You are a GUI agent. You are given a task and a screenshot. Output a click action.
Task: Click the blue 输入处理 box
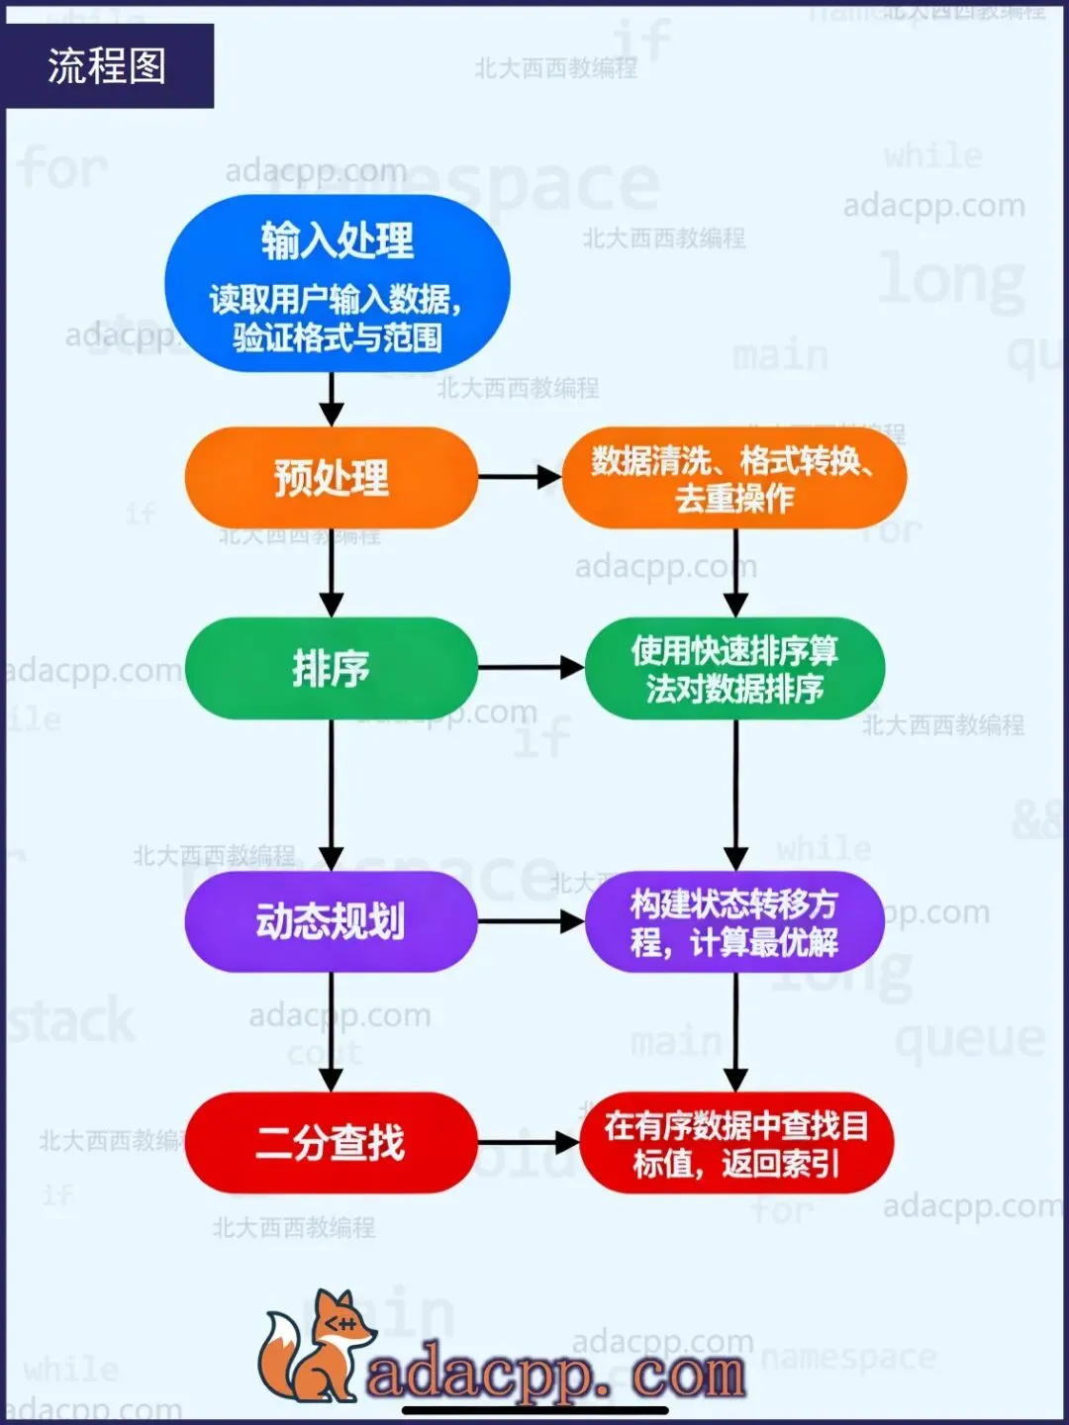(x=337, y=283)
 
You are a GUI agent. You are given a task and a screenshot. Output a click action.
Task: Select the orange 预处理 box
(x=331, y=478)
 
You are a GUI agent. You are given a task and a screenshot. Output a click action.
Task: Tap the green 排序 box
(x=331, y=668)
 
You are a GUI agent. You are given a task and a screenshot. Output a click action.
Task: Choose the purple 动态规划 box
(x=331, y=921)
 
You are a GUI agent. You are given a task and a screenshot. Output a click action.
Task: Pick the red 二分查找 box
(x=331, y=1142)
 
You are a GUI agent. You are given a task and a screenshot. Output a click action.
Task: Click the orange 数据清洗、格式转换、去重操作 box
(x=733, y=478)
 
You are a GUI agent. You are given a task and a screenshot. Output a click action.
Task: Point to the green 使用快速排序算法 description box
(x=734, y=668)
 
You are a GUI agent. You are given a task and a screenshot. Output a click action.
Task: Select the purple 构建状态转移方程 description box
(x=734, y=921)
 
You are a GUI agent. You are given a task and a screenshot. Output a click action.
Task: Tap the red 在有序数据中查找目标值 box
(x=736, y=1143)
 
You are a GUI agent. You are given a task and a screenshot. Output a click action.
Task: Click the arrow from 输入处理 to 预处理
(x=332, y=400)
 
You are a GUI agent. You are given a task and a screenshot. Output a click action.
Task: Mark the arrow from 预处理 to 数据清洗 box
(x=520, y=477)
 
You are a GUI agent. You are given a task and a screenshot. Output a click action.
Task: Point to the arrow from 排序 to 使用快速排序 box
(x=531, y=668)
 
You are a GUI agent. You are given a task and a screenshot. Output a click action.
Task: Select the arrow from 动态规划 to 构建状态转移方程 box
(x=531, y=921)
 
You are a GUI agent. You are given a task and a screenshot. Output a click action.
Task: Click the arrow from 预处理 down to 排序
(x=332, y=573)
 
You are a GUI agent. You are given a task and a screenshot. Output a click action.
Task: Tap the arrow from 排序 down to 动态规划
(x=332, y=795)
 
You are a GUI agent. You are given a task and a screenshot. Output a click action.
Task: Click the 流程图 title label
(x=107, y=66)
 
